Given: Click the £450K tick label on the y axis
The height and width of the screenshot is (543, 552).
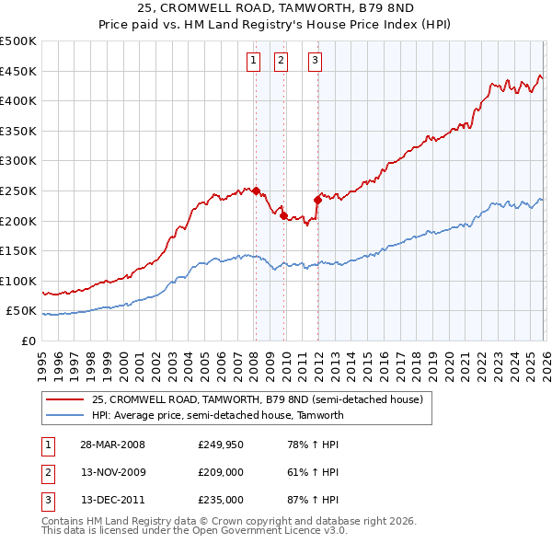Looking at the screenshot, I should point(18,71).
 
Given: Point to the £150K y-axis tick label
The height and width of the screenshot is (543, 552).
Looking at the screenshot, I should point(18,250).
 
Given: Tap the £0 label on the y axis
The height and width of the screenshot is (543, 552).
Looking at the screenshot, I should point(29,341).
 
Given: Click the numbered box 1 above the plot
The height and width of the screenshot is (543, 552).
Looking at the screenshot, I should point(253,62).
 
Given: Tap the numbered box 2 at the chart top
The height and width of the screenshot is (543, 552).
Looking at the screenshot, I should point(281,62).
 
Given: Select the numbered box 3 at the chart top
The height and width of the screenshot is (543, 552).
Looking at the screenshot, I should point(315,62).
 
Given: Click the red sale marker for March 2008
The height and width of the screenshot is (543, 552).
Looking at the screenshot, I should point(256,191).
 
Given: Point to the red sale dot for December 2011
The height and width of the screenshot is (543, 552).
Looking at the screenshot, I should point(317,199).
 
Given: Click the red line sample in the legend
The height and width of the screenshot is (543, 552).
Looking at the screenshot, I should point(65,399).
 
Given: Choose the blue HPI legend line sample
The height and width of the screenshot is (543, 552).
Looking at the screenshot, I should point(65,415).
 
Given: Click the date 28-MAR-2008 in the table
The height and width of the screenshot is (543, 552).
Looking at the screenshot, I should point(112,445).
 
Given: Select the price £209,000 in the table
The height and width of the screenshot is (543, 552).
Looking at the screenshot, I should point(220,472).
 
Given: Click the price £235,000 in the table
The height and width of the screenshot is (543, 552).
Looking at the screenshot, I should point(220,500).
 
